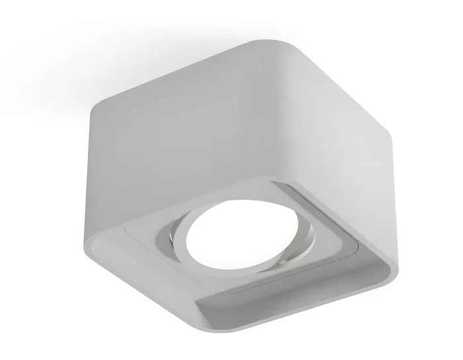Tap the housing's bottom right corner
coord(394,265)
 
